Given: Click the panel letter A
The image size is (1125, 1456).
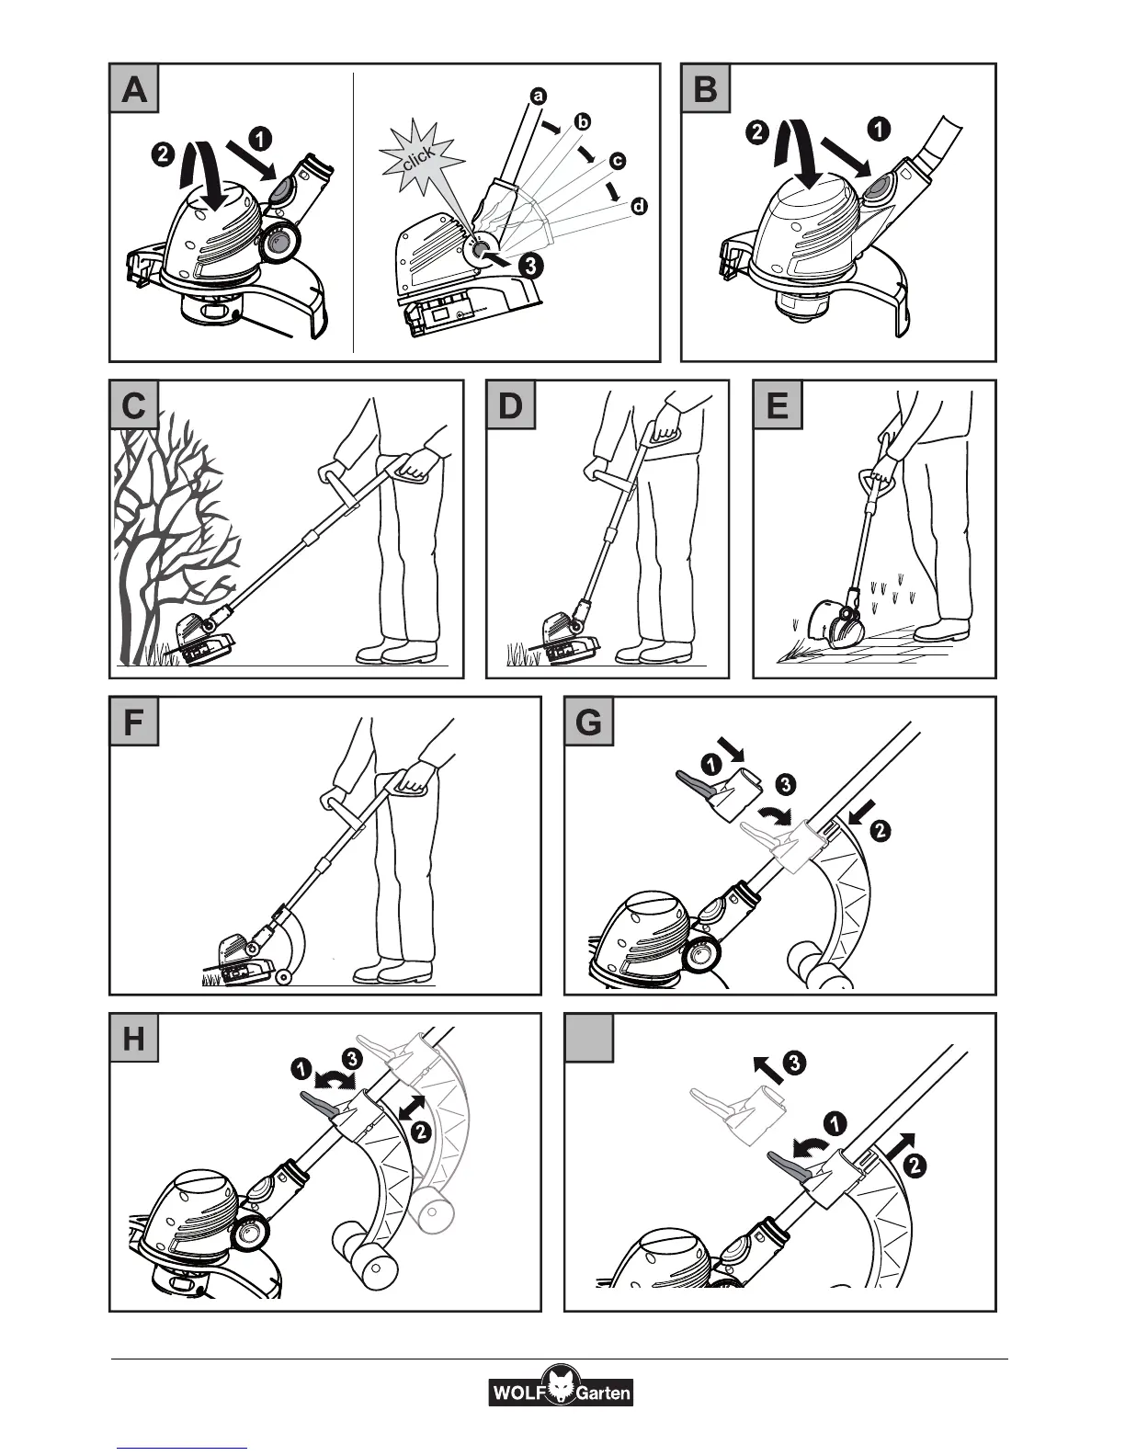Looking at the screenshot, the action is coord(134,89).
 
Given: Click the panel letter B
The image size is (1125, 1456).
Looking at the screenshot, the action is coord(705,89).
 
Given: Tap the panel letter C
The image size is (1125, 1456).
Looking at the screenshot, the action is coord(134,405).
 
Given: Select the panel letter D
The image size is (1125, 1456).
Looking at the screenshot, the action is coord(510,405).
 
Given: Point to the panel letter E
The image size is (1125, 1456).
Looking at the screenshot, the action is coord(778,405).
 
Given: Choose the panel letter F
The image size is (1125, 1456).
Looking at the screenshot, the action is coord(134,722).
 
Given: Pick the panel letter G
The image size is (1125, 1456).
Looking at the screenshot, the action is coord(588,722).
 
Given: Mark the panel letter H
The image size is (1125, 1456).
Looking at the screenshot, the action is coord(134,1039).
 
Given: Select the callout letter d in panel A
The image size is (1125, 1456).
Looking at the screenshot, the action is coord(638,206).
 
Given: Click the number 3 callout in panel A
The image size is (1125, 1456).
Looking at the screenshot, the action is coord(529,266).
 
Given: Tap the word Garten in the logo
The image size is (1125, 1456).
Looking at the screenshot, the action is coord(603,1393).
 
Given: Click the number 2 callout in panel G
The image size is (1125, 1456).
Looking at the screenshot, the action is coord(880,831).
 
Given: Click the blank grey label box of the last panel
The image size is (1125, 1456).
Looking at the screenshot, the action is coord(588,1039).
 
